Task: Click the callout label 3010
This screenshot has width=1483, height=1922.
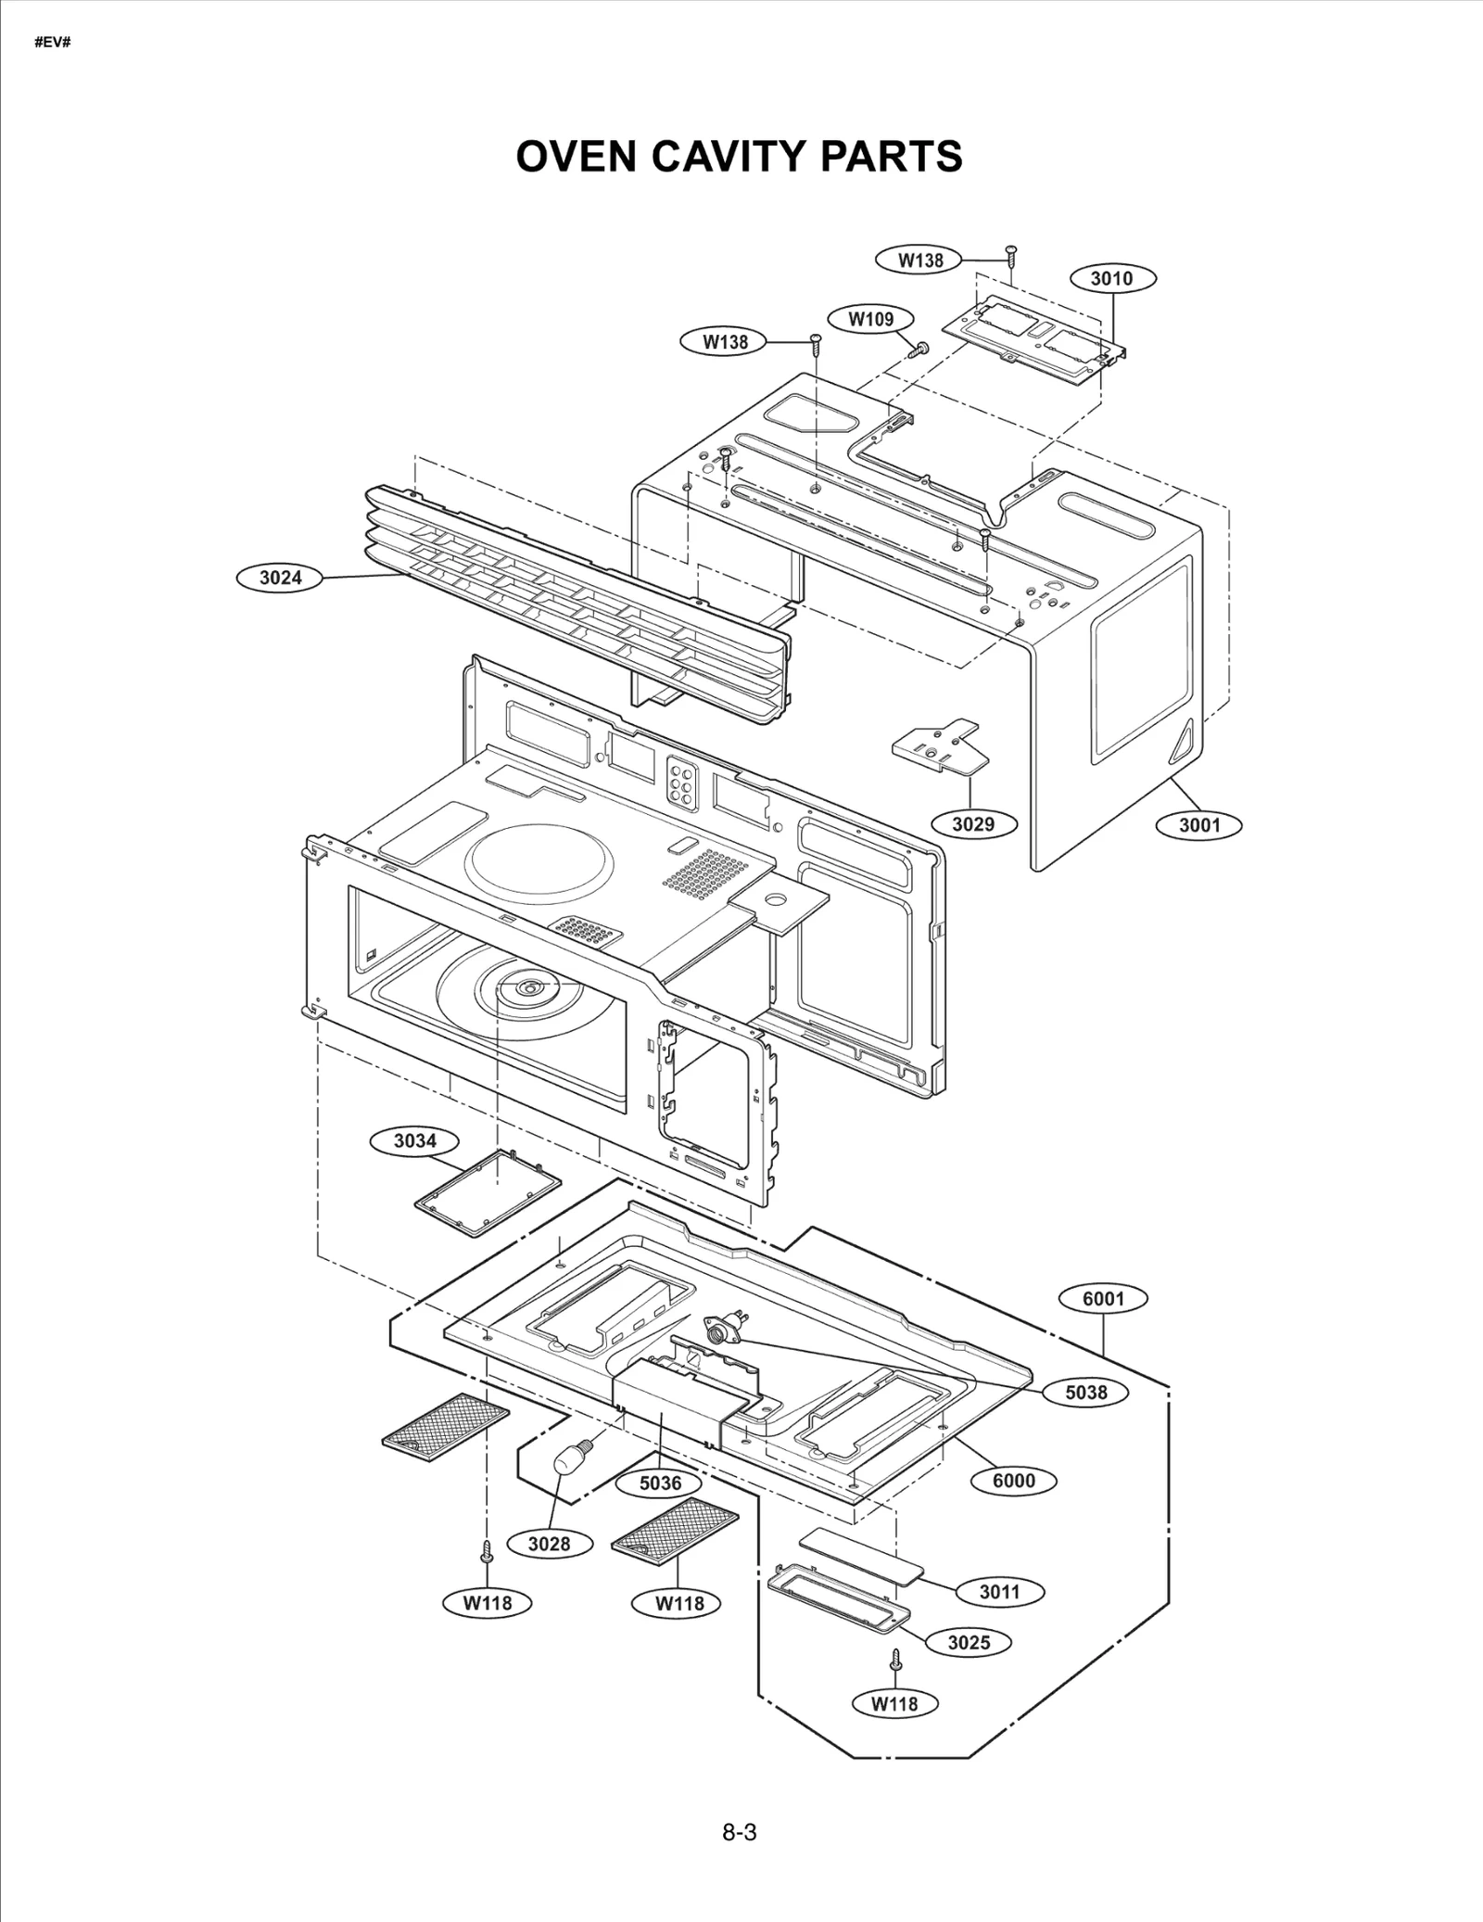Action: pos(1111,278)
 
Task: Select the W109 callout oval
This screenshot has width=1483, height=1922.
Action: pos(871,320)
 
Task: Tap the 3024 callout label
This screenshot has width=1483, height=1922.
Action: pos(280,578)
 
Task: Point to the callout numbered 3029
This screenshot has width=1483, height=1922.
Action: pos(973,823)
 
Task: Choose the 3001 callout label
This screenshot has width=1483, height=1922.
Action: pos(1199,824)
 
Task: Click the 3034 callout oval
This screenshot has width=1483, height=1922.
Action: pos(414,1140)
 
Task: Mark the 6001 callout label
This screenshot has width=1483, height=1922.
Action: pos(1103,1299)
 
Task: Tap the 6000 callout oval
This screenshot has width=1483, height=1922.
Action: pos(1013,1481)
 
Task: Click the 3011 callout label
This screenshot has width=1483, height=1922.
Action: pos(999,1592)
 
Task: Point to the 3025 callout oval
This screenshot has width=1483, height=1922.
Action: pos(969,1642)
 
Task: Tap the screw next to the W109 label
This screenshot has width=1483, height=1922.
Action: pos(919,349)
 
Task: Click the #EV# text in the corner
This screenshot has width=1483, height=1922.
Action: pos(52,44)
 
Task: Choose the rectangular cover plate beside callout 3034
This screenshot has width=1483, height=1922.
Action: pos(488,1192)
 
